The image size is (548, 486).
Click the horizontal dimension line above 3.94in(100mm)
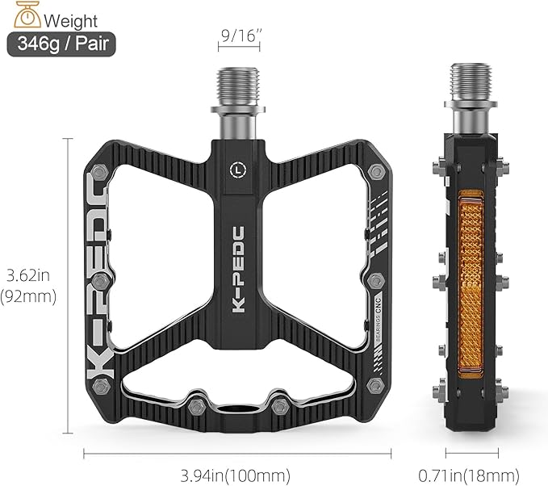click(236, 454)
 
